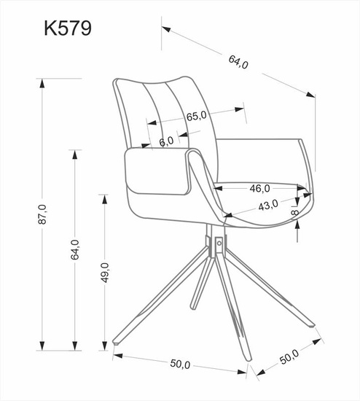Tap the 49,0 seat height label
105,271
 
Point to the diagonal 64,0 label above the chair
238,61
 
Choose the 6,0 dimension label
166,141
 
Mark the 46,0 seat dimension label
260,188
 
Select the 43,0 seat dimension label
268,206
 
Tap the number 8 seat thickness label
295,212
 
